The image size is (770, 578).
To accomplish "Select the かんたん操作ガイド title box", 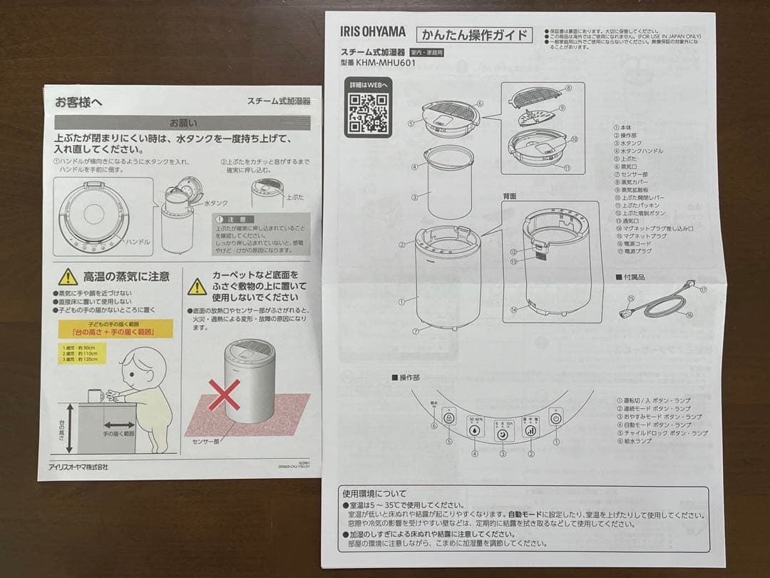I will pyautogui.click(x=475, y=34).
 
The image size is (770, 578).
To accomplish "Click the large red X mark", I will pyautogui.click(x=225, y=395).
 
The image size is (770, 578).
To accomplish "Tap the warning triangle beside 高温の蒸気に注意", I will pyautogui.click(x=68, y=277).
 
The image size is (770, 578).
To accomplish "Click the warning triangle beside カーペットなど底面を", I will pyautogui.click(x=197, y=287).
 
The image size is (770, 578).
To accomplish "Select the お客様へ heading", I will pyautogui.click(x=78, y=102).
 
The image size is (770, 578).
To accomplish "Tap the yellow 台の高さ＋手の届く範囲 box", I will pyautogui.click(x=115, y=328).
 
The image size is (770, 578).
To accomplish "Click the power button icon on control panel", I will pyautogui.click(x=555, y=417).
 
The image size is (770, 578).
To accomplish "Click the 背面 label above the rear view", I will pyautogui.click(x=509, y=196).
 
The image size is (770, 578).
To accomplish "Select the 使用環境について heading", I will pyautogui.click(x=374, y=493).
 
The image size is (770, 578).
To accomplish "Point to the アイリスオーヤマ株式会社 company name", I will pyautogui.click(x=83, y=467).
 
